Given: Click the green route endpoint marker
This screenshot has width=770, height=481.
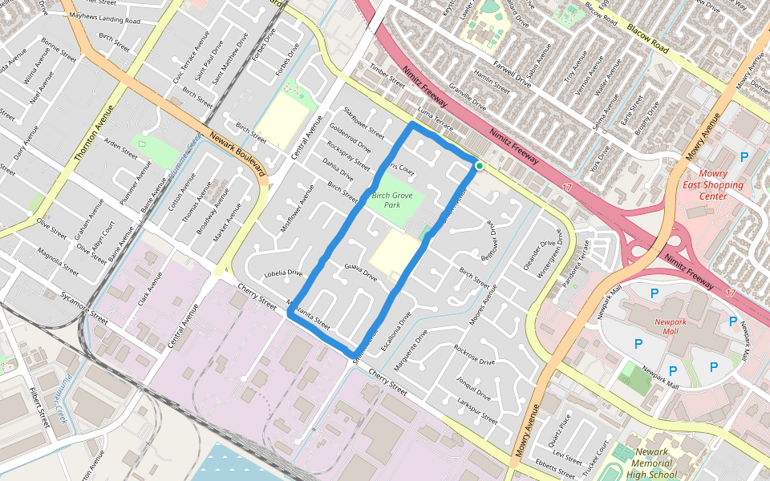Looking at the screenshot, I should click(x=479, y=166).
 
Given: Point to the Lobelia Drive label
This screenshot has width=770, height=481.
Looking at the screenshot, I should click(x=283, y=273).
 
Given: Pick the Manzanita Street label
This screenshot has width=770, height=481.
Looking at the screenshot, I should click(x=308, y=313).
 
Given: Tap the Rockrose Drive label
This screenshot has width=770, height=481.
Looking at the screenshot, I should click(x=473, y=355).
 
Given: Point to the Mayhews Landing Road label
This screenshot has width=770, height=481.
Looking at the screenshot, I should click(x=105, y=18).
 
